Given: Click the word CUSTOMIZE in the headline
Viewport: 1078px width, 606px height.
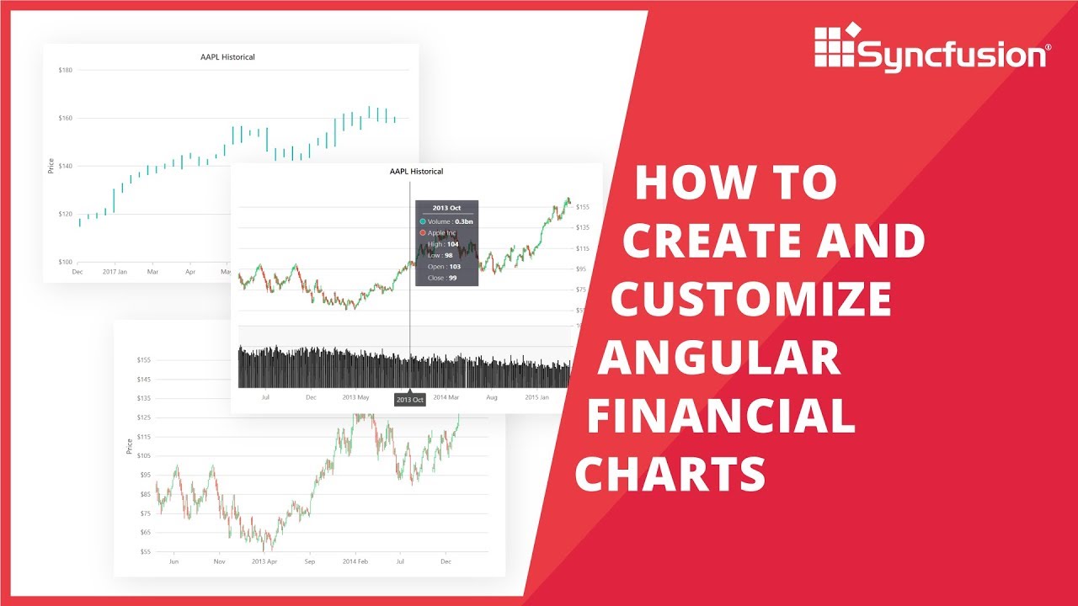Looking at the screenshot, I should coord(751,299).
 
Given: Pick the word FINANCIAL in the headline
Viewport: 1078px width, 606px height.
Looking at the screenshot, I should coord(721,416).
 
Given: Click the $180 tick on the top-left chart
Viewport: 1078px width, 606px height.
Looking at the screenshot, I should coord(65,70).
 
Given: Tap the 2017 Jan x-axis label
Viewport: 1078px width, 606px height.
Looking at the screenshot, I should coord(115,273).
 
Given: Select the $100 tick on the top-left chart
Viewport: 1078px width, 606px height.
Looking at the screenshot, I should coord(65,262).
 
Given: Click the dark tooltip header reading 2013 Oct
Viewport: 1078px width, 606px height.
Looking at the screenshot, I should coord(446,207).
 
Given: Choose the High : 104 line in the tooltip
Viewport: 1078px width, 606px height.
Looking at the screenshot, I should coord(443,244).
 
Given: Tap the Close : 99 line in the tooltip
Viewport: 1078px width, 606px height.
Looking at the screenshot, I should coord(441,278).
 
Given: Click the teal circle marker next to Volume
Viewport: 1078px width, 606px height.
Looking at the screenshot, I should coord(423,221).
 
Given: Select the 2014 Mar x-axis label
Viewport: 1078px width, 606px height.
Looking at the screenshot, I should coord(446,396).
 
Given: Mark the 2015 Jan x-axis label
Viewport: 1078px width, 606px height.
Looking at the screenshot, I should coord(537,396).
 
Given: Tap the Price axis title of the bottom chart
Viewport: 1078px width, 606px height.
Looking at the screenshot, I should coord(130,446).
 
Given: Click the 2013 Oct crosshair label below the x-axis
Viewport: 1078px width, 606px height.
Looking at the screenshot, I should coord(410,400).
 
